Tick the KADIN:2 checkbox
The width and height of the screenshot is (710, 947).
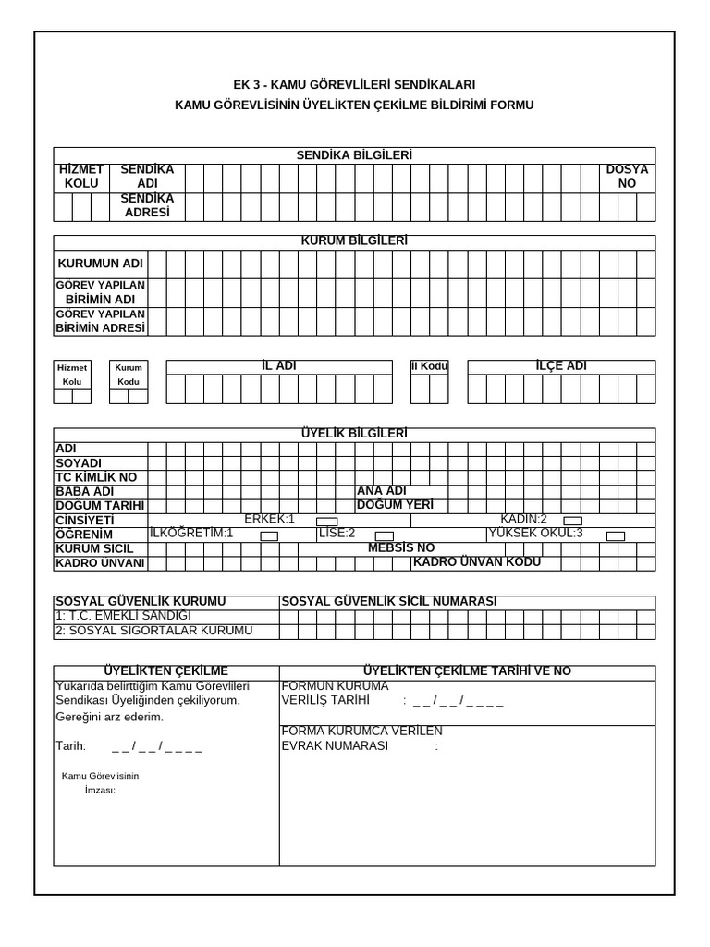[572, 522]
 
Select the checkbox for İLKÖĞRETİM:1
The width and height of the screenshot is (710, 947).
[269, 536]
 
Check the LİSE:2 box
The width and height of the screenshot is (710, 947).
[385, 536]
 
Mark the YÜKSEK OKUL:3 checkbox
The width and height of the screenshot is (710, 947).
[616, 536]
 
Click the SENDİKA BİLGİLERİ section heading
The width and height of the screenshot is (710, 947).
[354, 155]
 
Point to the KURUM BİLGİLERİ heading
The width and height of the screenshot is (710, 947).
[354, 241]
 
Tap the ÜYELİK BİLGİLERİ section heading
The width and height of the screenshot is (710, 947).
[354, 434]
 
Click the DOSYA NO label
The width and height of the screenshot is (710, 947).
[627, 177]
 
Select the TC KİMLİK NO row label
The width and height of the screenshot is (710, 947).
[96, 477]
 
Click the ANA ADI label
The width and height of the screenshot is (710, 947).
[382, 491]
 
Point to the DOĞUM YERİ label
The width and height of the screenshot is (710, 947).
[395, 505]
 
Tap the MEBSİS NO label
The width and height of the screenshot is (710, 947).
[400, 548]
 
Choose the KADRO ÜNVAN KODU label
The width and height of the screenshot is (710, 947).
[477, 562]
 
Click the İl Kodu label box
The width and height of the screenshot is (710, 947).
[429, 366]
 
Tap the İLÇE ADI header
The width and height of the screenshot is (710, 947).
[561, 366]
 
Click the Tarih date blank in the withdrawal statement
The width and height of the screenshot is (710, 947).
[156, 746]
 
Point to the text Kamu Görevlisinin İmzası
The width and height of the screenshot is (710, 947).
[100, 782]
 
